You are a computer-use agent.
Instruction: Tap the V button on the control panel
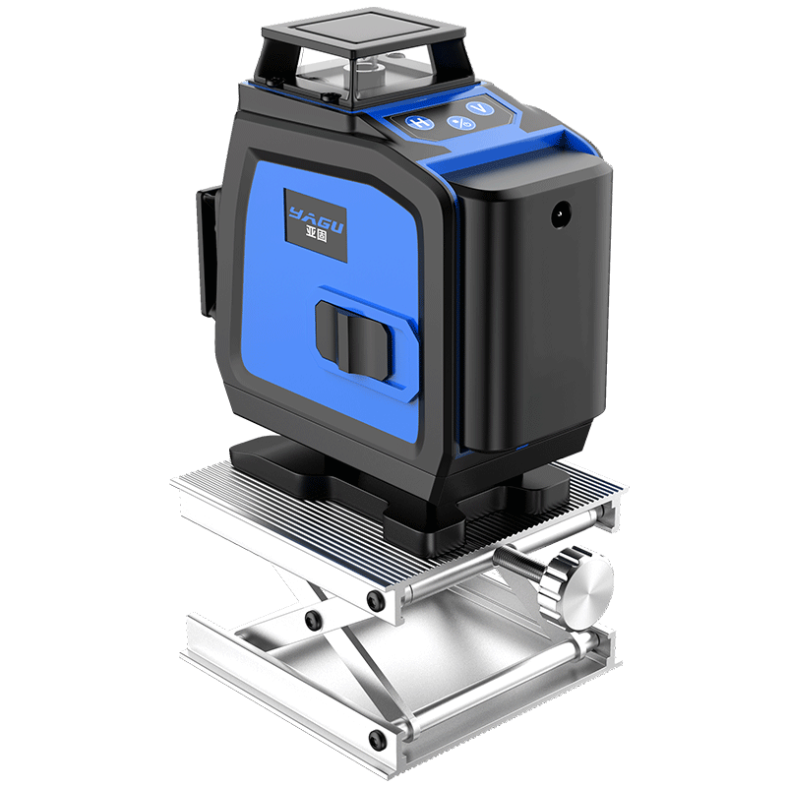[x=479, y=109]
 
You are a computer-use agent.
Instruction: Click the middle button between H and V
[x=460, y=122]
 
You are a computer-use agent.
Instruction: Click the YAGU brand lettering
[x=316, y=218]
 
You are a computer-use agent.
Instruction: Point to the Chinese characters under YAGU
[x=317, y=233]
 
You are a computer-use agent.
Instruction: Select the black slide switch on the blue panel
[x=355, y=339]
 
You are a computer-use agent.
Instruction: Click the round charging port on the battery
[x=561, y=214]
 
